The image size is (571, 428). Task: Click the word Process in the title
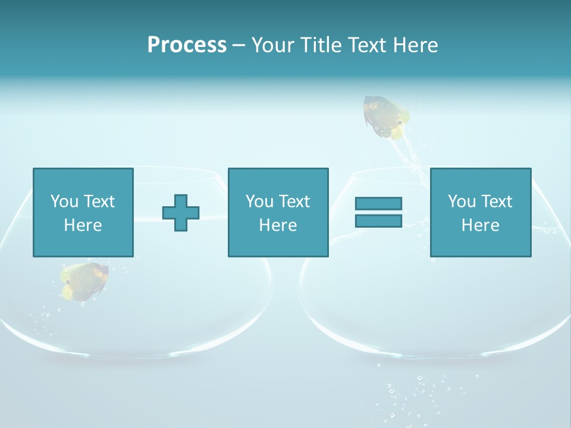click(x=187, y=45)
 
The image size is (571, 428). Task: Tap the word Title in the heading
click(x=321, y=45)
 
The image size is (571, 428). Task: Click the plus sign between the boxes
click(x=181, y=212)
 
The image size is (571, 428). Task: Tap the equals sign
click(x=378, y=212)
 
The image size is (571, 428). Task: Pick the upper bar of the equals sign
click(x=378, y=203)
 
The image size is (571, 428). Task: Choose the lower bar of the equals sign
click(x=378, y=221)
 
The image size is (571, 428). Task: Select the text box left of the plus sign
click(x=83, y=212)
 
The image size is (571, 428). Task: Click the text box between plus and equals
click(x=278, y=212)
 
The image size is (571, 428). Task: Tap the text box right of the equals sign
click(x=480, y=212)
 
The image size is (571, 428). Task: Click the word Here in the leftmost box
click(x=83, y=225)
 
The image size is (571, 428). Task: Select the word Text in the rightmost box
click(x=496, y=202)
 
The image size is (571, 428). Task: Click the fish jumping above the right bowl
click(x=385, y=116)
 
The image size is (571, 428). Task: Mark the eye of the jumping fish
click(x=400, y=123)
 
